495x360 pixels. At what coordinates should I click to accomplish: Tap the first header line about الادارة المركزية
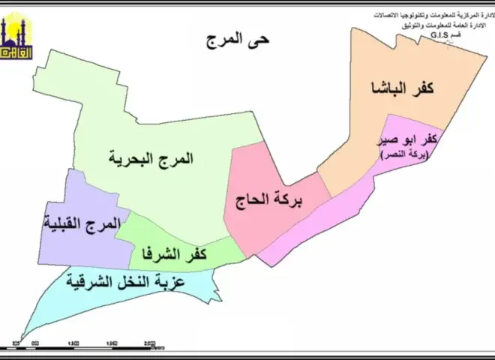[x=433, y=14]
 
